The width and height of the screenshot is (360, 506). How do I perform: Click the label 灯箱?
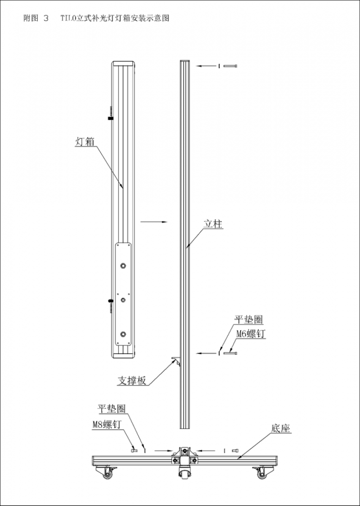tap(84, 142)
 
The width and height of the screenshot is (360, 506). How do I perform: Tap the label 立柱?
tap(213, 224)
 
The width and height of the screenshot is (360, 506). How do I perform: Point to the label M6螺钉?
tap(251, 334)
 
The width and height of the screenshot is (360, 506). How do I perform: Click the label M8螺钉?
tap(107, 425)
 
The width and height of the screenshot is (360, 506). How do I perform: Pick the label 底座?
tap(281, 428)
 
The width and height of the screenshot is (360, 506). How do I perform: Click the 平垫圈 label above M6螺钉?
tap(249, 320)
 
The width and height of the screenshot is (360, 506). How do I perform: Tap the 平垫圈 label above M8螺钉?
tap(111, 409)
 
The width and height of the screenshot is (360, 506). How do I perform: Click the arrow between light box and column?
tap(154, 222)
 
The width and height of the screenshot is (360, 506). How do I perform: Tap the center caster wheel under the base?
tap(184, 474)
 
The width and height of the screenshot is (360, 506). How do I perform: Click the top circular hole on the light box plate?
tap(123, 266)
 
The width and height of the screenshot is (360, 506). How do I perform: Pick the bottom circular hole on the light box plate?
tap(123, 334)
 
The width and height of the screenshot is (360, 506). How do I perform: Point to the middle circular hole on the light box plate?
tap(123, 300)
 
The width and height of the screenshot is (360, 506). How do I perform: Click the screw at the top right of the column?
tap(230, 66)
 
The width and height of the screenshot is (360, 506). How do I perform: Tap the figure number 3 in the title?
tap(46, 18)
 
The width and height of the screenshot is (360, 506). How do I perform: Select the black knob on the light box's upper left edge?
tap(111, 118)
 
